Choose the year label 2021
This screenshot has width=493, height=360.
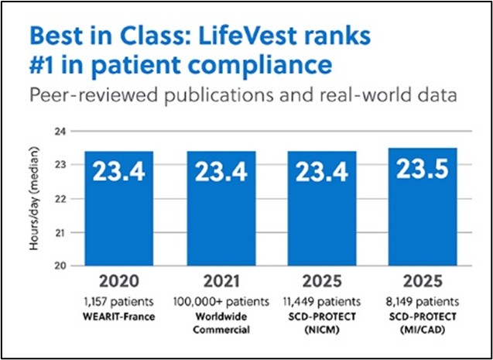coord(217,281)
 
